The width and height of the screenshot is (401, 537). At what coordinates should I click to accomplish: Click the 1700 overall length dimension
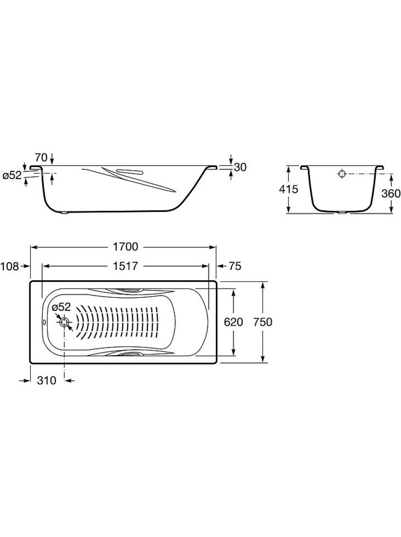(126, 247)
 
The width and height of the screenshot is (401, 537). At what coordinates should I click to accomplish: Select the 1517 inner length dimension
(126, 266)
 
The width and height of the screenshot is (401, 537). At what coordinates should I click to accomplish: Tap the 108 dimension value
(10, 266)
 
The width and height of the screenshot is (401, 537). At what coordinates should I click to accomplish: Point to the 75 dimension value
(235, 266)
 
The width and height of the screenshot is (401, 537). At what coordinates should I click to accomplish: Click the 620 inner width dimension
(233, 322)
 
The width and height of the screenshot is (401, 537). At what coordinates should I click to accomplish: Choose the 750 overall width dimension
(263, 322)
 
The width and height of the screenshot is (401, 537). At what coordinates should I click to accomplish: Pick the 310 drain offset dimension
(47, 381)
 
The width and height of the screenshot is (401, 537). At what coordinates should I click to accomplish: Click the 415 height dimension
(288, 189)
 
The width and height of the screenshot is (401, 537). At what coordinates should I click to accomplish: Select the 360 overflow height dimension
(391, 194)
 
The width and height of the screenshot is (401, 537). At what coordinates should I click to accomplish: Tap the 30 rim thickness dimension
(240, 168)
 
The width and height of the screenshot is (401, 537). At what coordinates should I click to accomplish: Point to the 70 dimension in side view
(41, 158)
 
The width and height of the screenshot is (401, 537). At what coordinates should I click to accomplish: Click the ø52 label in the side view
(12, 176)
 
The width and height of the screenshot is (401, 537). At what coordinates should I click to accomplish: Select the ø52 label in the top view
(61, 307)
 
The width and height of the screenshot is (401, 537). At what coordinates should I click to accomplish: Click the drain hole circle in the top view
(64, 323)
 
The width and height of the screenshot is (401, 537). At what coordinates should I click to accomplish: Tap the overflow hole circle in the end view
(342, 174)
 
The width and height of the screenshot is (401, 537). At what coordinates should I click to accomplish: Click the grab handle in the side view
(130, 172)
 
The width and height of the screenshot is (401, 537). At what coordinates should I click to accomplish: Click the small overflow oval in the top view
(45, 323)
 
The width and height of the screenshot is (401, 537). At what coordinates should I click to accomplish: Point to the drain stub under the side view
(65, 213)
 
